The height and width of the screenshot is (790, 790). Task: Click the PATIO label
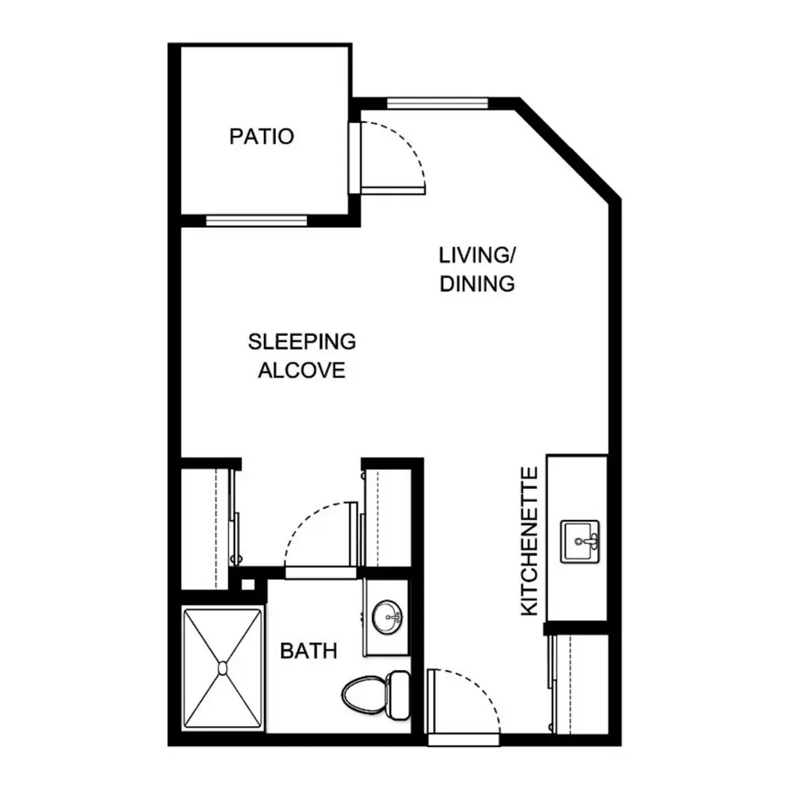(261, 137)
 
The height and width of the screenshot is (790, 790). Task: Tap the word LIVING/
(476, 255)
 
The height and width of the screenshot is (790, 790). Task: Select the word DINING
(477, 284)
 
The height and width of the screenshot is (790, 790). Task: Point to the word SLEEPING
(302, 342)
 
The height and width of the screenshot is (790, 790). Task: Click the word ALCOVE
(302, 371)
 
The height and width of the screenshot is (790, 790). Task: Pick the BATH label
(308, 651)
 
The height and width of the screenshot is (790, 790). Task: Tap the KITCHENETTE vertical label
(529, 541)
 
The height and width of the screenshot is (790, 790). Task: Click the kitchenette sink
(580, 542)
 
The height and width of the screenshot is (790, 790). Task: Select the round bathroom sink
(387, 616)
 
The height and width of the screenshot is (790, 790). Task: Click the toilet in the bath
(376, 695)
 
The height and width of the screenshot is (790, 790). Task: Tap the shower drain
(223, 668)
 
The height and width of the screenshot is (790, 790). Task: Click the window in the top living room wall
(438, 103)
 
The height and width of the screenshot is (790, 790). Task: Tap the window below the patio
(257, 220)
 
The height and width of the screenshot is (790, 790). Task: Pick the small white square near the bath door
(248, 585)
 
